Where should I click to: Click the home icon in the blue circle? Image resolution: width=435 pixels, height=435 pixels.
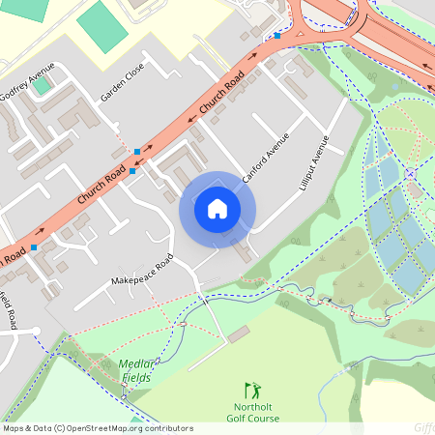[x=217, y=209]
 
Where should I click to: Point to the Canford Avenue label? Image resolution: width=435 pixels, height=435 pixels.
[x=266, y=156]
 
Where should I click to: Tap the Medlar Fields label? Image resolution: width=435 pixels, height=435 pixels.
[x=137, y=370]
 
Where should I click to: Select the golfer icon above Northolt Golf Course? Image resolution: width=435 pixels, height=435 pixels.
[x=253, y=391]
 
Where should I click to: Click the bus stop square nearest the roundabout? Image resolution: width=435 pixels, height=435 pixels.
[x=277, y=36]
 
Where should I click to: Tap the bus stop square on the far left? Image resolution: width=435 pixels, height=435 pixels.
[x=34, y=248]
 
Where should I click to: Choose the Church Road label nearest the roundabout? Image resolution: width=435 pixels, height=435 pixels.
[x=218, y=95]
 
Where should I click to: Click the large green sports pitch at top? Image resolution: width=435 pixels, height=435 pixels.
[x=102, y=26]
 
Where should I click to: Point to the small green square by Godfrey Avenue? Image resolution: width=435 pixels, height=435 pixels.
[x=41, y=86]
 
